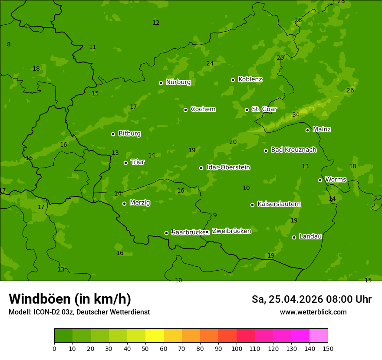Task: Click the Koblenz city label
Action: coord(250,79)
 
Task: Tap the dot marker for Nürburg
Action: coord(161,83)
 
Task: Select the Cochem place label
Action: coord(203,109)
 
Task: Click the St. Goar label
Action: coord(264,109)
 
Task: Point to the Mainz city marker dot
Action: coord(307,130)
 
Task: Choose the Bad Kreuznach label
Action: coord(293,150)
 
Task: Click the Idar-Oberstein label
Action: coord(228,167)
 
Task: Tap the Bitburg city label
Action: coord(129,134)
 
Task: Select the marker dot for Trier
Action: coord(125,163)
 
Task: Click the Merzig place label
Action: coord(140,203)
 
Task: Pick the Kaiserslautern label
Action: coord(279,204)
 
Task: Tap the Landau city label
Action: coord(310,237)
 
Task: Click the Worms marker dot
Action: coord(320,180)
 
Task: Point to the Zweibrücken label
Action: coord(231,231)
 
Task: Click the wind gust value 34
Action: coord(296,115)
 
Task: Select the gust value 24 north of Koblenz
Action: coord(210,64)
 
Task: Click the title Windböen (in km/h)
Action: coord(70,299)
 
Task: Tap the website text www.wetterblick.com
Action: coord(313,312)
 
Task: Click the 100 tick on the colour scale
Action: coord(237,348)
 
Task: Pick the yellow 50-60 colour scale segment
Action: coord(155,335)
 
